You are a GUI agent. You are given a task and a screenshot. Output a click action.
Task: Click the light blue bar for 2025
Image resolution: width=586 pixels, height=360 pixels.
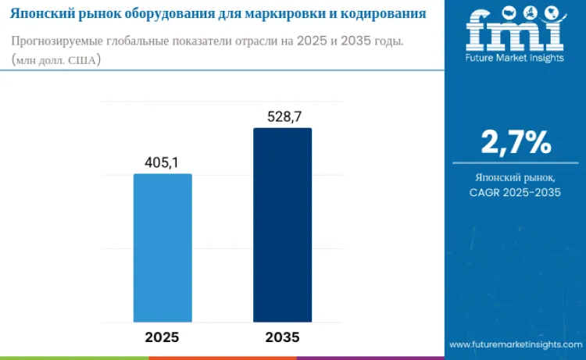click(163, 248)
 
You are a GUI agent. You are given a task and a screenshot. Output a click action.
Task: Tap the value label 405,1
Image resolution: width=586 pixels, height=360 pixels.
click(163, 162)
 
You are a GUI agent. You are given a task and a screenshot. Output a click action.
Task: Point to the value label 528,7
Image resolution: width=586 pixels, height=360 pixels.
click(282, 116)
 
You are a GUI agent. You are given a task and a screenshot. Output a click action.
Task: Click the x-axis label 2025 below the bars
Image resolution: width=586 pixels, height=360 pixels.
click(163, 337)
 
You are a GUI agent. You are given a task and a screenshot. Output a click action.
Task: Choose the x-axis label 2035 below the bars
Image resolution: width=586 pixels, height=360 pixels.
click(282, 337)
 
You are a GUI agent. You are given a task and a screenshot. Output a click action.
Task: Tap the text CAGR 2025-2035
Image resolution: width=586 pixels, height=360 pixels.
click(515, 193)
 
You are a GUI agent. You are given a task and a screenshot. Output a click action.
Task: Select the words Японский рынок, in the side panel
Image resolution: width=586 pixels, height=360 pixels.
click(516, 178)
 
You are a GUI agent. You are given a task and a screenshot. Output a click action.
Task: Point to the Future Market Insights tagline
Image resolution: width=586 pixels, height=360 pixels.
click(515, 57)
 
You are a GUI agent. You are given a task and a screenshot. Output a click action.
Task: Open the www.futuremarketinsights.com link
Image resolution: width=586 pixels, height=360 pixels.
click(515, 344)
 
